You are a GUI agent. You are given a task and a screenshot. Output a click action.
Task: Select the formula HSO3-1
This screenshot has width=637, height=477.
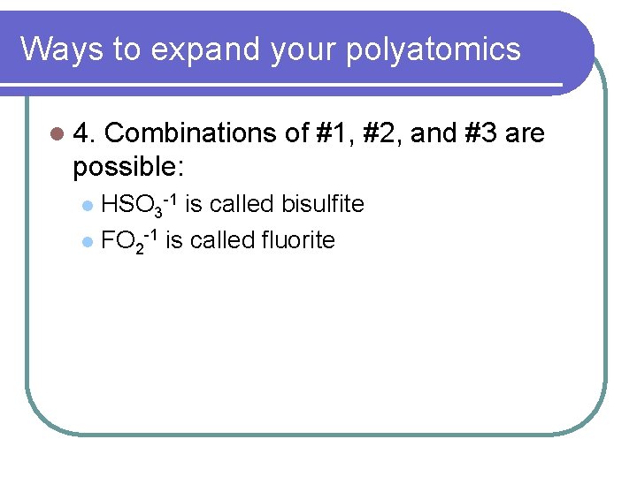click(141, 205)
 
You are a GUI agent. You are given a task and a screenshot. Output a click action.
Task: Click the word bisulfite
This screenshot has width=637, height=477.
click(323, 204)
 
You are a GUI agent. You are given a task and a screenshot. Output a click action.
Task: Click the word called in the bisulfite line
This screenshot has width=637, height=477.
click(244, 204)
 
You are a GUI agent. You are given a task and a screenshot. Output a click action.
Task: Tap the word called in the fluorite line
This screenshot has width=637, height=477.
click(223, 239)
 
